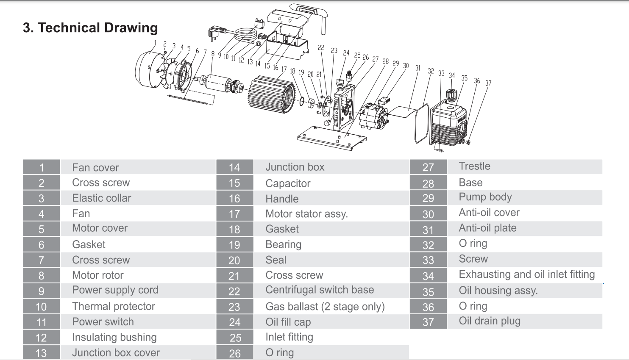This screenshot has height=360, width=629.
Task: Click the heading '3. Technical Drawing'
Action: pos(90,28)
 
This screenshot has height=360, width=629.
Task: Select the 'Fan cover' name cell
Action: pos(95,168)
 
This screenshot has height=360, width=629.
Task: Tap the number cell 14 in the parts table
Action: pos(234,167)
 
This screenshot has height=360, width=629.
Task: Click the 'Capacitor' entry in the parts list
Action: pos(288,183)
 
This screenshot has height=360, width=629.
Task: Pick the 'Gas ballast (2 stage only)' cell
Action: pos(325,306)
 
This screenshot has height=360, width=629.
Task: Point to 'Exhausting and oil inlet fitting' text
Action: pos(526,274)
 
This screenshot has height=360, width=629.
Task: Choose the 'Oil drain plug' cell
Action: pos(489,321)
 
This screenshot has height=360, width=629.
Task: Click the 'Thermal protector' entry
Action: pos(114,306)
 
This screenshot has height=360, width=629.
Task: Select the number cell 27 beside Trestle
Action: pos(428,167)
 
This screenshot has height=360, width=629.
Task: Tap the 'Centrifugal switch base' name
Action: pos(320,290)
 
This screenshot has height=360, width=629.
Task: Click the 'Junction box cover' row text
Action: pos(116,352)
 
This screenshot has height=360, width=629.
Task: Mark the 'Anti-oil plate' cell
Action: pos(487,228)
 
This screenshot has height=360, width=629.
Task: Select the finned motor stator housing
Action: pos(272,95)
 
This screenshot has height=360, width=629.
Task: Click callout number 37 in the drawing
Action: pos(488,83)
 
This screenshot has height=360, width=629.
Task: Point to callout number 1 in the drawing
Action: pos(155,43)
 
